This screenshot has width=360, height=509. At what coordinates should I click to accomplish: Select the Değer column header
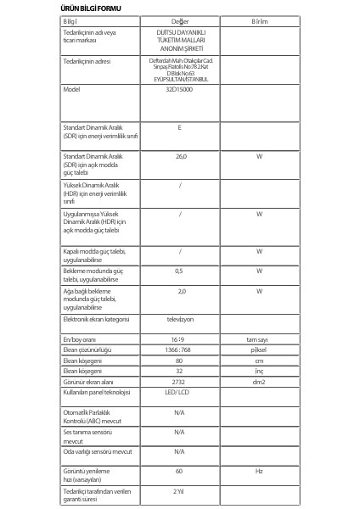[x=179, y=20]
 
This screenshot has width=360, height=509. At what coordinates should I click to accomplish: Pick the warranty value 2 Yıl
[x=179, y=491]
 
